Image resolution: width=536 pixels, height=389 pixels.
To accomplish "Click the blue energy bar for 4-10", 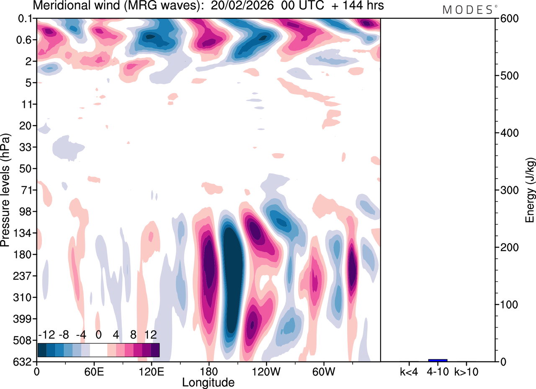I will pos(438,360).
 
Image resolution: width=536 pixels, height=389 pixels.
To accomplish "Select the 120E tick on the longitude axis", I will pos(151,371).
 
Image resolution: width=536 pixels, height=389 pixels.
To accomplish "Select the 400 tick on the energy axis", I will pos(508,133).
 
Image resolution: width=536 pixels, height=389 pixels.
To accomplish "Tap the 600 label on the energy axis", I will pos(508,19).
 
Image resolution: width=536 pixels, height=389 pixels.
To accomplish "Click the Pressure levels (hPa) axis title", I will pos(5,190).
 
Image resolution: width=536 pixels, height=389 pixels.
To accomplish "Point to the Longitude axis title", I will pos(208,382).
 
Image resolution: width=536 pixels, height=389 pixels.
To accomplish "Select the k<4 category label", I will pos(409,371).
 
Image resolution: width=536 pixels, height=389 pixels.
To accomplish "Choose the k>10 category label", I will pos(466,371).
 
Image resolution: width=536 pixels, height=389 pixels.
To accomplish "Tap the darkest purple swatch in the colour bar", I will pos(155,350).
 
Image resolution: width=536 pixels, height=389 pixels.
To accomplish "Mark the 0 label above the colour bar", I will pos(99,335).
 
